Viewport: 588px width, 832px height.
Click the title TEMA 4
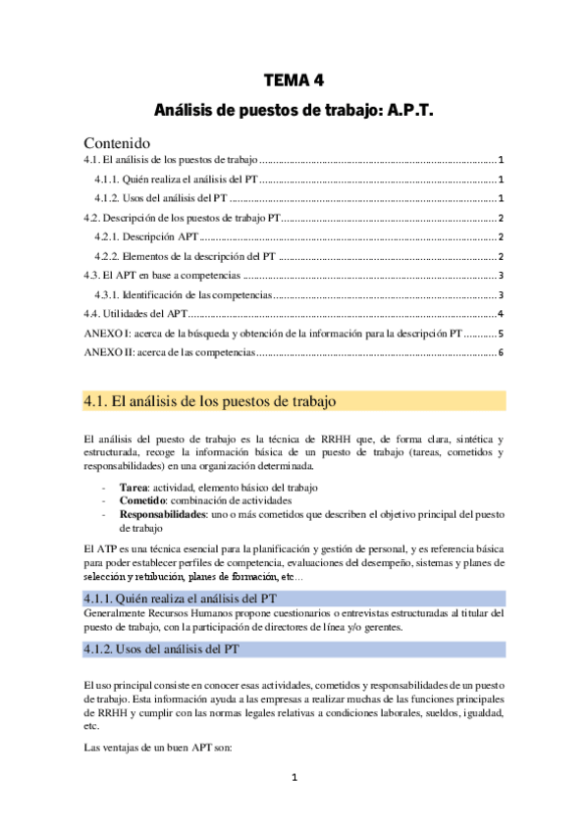(294, 80)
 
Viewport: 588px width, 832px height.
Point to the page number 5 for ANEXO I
(501, 334)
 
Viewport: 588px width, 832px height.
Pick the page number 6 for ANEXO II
(501, 352)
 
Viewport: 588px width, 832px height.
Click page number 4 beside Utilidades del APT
(501, 314)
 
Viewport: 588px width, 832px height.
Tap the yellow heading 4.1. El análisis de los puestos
(211, 400)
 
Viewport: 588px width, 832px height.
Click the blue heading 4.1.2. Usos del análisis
(175, 649)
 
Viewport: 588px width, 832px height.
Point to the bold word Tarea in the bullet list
(134, 488)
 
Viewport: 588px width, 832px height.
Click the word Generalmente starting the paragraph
(115, 613)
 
